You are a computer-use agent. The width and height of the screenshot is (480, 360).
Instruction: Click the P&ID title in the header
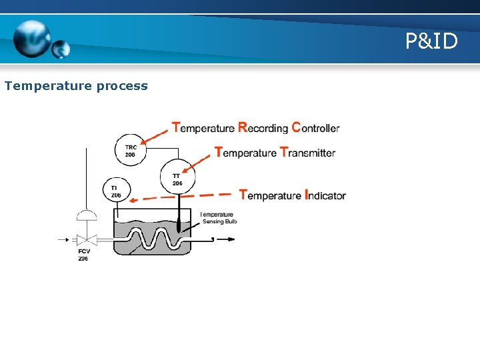pos(431,42)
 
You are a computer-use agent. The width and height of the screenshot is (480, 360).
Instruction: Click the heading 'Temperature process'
pos(76,86)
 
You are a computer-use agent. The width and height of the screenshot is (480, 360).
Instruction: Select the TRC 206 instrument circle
pos(131,151)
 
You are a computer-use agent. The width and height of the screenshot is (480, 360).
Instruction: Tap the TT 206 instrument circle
pos(177,177)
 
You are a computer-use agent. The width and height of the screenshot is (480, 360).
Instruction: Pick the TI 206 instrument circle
pos(117,192)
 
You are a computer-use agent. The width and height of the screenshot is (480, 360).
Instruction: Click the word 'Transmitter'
pos(307,153)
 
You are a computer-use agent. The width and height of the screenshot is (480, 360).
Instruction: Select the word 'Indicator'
pos(325,195)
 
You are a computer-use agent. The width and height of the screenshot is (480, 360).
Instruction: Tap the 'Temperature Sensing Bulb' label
pos(218,218)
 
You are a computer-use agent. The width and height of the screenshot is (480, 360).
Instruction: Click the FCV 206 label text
pos(83,254)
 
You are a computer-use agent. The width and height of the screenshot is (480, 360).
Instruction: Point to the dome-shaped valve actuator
pos(86,215)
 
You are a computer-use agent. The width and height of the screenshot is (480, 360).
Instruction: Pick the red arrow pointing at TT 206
pos(200,161)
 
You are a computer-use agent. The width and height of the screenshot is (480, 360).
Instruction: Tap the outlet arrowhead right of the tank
pos(232,238)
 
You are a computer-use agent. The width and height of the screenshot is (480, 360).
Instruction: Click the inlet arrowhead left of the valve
pos(67,238)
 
